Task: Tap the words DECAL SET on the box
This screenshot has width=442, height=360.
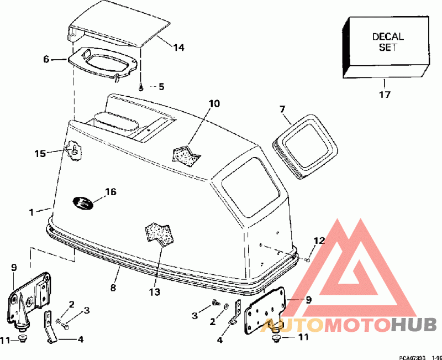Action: (x=388, y=42)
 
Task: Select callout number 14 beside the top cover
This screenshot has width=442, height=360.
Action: (x=178, y=48)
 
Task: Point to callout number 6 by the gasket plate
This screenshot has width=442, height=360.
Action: (x=46, y=59)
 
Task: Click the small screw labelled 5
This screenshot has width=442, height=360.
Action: (x=141, y=86)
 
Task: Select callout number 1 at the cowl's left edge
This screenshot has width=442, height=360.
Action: (x=31, y=211)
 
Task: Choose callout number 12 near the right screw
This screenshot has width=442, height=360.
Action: (x=320, y=241)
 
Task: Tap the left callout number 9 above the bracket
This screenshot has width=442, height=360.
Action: (x=14, y=268)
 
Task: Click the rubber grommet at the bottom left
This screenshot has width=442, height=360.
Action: (x=23, y=338)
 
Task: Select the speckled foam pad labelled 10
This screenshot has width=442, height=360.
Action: (x=187, y=154)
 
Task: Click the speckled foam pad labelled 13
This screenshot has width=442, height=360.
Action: (x=160, y=233)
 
